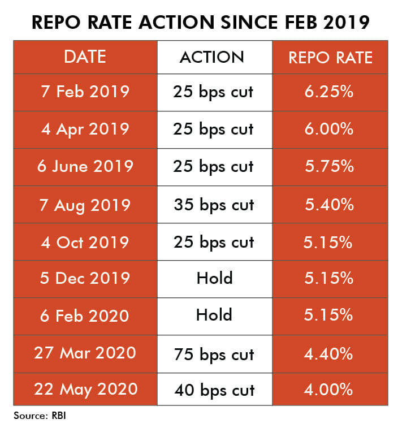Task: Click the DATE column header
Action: tap(85, 57)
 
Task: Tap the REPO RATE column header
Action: tap(330, 57)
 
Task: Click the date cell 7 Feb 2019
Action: tap(85, 92)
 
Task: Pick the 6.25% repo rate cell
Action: tap(330, 92)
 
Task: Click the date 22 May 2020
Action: tap(85, 390)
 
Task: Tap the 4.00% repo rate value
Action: tap(330, 390)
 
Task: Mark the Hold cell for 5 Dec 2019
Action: tap(214, 278)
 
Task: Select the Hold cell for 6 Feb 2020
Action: tap(214, 315)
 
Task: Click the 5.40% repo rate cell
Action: tap(330, 204)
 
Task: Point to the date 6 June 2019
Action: tap(85, 166)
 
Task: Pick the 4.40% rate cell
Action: tap(330, 354)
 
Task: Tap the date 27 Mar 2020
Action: tap(85, 353)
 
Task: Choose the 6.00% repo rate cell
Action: tap(330, 129)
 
